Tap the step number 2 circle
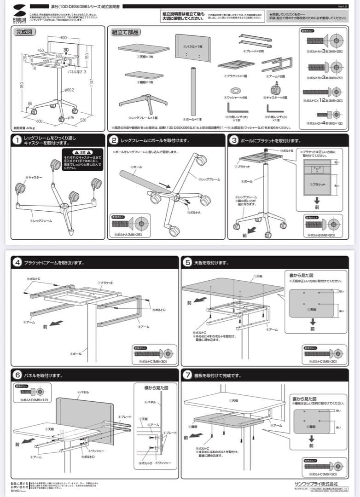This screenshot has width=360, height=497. point(114,140)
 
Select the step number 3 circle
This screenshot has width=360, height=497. point(234,140)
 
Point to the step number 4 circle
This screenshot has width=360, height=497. point(17,263)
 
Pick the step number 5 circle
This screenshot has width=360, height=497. point(187,263)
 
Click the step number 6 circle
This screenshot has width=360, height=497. point(17,376)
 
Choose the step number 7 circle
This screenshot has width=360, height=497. point(187,376)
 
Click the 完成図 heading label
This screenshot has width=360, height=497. point(25,32)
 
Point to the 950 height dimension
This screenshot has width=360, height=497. point(22,85)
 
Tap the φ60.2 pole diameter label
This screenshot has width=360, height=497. point(70,90)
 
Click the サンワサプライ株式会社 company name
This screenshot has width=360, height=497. point(316,484)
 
